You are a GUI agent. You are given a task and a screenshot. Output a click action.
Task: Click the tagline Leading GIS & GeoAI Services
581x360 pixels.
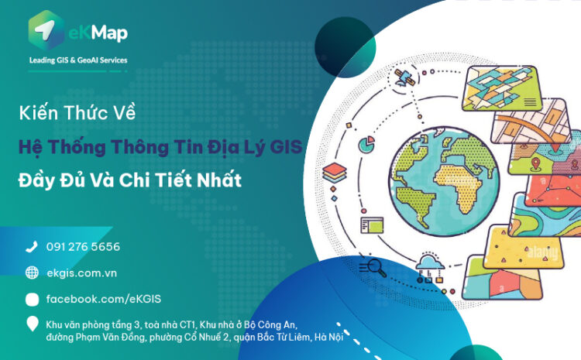[x=78, y=60]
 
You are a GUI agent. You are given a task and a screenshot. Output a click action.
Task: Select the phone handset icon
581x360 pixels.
[x=32, y=247]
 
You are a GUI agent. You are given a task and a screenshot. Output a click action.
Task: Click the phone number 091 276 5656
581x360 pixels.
[x=83, y=247]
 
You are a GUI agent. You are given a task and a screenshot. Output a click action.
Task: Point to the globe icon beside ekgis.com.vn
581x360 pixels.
[x=32, y=273]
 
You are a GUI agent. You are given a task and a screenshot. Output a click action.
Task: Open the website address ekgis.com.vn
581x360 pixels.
[x=81, y=273]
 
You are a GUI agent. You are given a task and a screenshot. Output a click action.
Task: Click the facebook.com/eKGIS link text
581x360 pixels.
[x=104, y=299]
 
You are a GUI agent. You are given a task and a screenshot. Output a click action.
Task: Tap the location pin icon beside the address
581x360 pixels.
[x=32, y=324]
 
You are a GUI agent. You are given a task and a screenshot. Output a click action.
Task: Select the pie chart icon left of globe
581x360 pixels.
[x=366, y=143]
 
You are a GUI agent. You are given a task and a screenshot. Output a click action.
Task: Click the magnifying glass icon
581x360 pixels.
[x=376, y=268]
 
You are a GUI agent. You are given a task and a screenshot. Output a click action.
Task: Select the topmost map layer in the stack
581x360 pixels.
[x=500, y=87]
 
